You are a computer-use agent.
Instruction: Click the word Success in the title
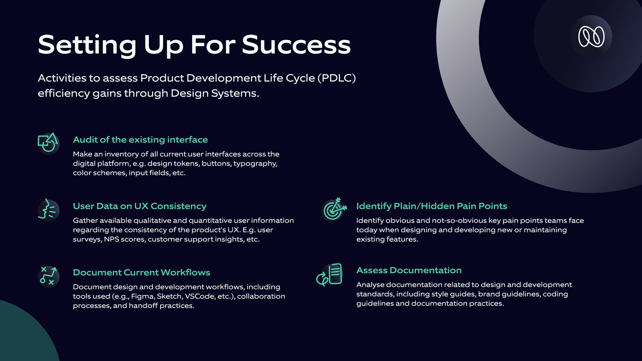coord(297,45)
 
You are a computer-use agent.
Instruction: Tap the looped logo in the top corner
coord(591,37)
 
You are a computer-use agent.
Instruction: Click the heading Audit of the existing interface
coord(140,140)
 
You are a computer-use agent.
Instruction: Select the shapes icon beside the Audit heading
coord(48,143)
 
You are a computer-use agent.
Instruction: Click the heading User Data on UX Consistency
coord(140,206)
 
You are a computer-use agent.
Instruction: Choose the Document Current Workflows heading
coord(141,272)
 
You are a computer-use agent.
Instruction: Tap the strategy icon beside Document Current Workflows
coord(48,276)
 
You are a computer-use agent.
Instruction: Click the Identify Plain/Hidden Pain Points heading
coord(432,206)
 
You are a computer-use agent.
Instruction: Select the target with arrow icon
coord(333,209)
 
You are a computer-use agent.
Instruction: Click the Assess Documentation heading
coord(409,270)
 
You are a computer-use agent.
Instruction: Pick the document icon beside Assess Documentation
coord(329,275)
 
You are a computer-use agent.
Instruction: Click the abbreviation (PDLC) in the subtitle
coord(337,78)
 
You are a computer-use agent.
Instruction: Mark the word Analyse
coord(370,285)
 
